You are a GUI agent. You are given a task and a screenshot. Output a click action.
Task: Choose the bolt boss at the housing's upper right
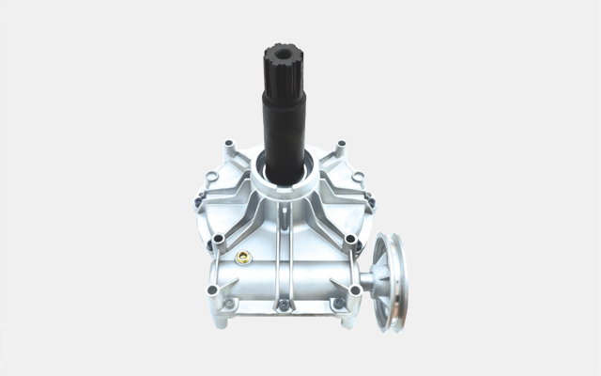[x=341, y=146]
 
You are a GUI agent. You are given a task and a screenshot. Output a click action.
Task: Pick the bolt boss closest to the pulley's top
[x=352, y=242]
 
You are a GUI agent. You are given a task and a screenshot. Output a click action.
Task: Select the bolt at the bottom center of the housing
[x=284, y=306]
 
